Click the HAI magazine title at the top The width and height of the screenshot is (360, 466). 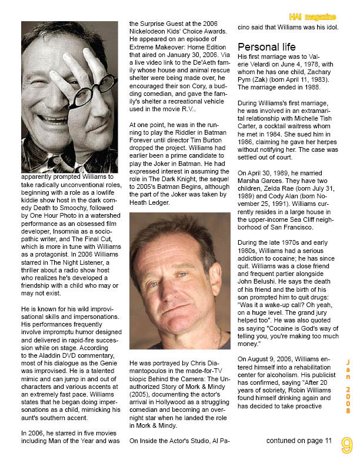click(x=313, y=16)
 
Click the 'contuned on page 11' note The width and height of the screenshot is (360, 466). click(x=299, y=440)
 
